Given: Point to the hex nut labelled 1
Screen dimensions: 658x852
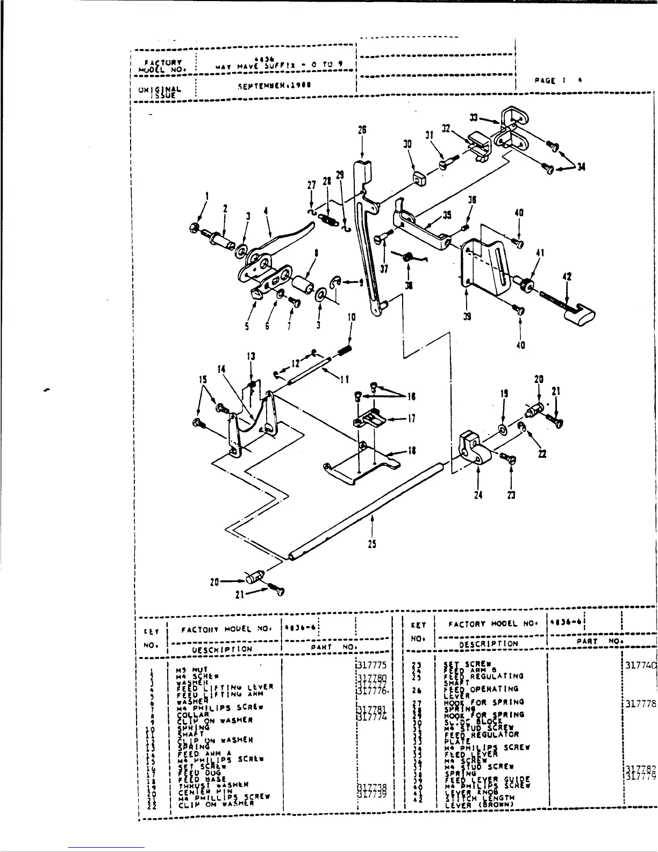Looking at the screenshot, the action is tap(195, 226).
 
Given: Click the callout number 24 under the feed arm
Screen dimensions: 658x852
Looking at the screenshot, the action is tap(477, 495).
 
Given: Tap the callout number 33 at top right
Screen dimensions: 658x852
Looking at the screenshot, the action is tap(474, 118).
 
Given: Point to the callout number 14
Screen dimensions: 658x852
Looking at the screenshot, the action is tap(221, 368).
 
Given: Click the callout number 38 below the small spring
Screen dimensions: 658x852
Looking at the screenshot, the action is tap(409, 286).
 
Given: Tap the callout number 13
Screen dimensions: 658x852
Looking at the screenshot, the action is tap(251, 356).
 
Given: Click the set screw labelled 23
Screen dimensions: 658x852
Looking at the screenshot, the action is tap(509, 458).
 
